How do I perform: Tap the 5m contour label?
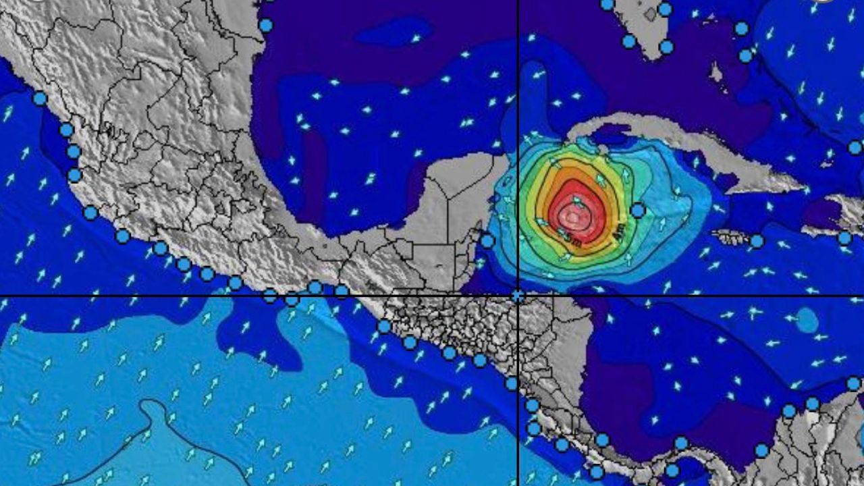coord(574,239)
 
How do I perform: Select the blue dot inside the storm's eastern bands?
coord(638,211)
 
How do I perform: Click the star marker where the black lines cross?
coord(518,296)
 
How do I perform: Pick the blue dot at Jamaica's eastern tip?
coord(757,241)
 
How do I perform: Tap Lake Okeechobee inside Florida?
coord(649,13)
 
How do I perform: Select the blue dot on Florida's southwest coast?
coord(629,41)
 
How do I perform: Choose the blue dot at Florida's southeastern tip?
coord(666,47)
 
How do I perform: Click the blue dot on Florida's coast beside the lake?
coord(665,9)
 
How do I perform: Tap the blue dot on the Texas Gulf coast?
coord(266,26)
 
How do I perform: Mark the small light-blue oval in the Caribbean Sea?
coord(807,320)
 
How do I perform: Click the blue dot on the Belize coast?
coord(487,240)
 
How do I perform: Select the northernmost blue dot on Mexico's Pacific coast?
coord(40,99)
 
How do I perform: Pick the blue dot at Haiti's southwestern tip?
coord(844,238)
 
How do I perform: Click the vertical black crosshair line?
coord(518,101)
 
